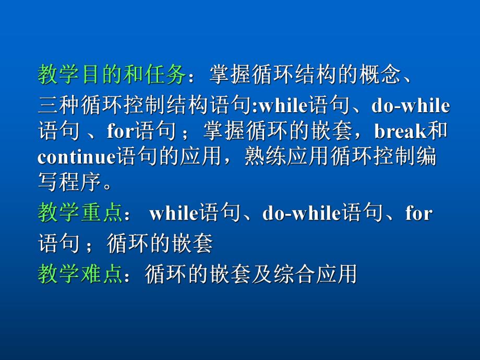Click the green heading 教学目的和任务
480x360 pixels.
pyautogui.click(x=112, y=75)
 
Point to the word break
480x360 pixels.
pyautogui.click(x=401, y=131)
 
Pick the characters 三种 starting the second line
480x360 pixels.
pyautogui.click(x=59, y=105)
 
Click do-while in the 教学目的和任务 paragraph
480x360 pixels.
pyautogui.click(x=410, y=105)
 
